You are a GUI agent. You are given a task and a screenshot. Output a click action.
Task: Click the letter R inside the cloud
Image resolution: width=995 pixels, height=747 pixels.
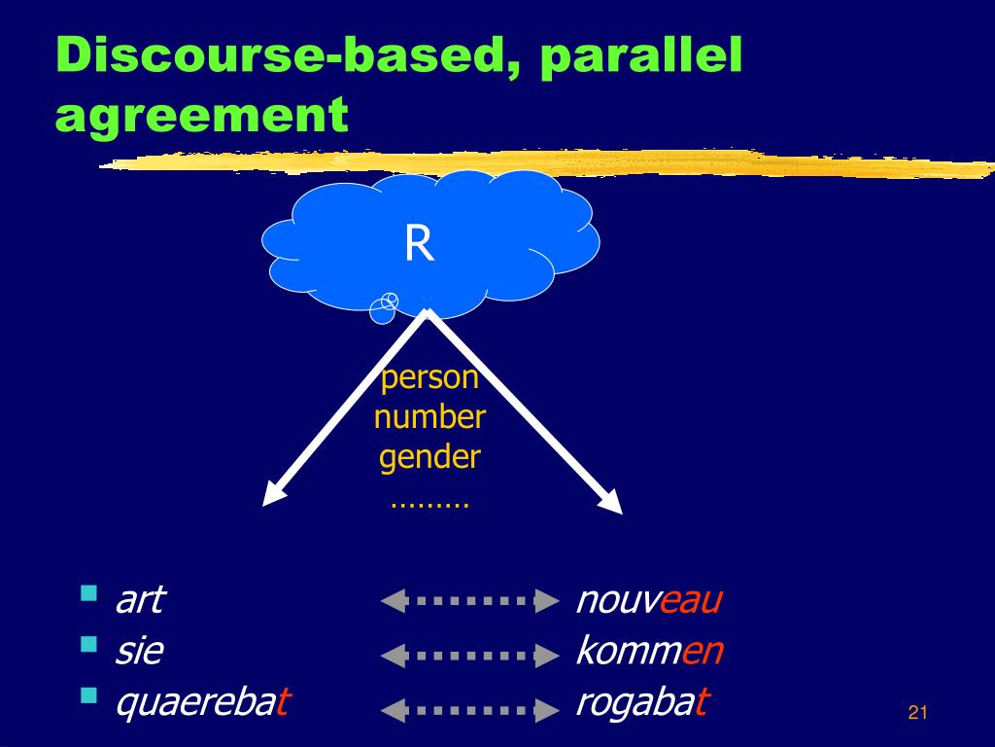[419, 244]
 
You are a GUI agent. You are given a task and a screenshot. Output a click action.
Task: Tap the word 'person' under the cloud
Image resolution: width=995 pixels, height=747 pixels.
[429, 377]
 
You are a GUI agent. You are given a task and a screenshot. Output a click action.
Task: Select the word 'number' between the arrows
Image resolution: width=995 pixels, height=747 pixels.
[429, 417]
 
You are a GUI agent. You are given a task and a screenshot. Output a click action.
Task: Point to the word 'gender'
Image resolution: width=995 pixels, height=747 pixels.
[429, 457]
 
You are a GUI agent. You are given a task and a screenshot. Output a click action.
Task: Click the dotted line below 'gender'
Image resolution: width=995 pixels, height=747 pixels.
[429, 505]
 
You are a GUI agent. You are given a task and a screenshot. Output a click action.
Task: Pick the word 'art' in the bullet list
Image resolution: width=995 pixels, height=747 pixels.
[139, 599]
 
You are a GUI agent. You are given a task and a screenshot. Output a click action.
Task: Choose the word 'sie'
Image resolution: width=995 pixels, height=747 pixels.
[139, 650]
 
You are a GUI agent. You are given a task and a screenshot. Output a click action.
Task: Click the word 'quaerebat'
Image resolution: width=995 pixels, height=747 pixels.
[202, 701]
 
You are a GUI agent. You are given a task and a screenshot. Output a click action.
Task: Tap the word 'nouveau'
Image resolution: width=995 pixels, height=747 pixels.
[649, 599]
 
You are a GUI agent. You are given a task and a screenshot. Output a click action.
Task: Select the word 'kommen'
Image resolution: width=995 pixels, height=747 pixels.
[649, 650]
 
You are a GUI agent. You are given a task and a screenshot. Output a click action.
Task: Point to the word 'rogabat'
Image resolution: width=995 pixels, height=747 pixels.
[642, 701]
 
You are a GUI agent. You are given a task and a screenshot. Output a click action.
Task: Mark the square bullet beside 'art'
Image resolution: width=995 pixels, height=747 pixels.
[89, 592]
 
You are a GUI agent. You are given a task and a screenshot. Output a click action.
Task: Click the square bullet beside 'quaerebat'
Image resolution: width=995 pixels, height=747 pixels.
[89, 694]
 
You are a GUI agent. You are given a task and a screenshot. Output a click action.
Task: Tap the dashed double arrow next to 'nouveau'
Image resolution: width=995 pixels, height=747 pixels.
[469, 601]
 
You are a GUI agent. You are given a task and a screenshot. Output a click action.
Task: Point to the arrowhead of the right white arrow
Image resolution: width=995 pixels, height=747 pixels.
[611, 500]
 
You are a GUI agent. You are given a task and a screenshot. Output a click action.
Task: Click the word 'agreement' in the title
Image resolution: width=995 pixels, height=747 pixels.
[202, 116]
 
